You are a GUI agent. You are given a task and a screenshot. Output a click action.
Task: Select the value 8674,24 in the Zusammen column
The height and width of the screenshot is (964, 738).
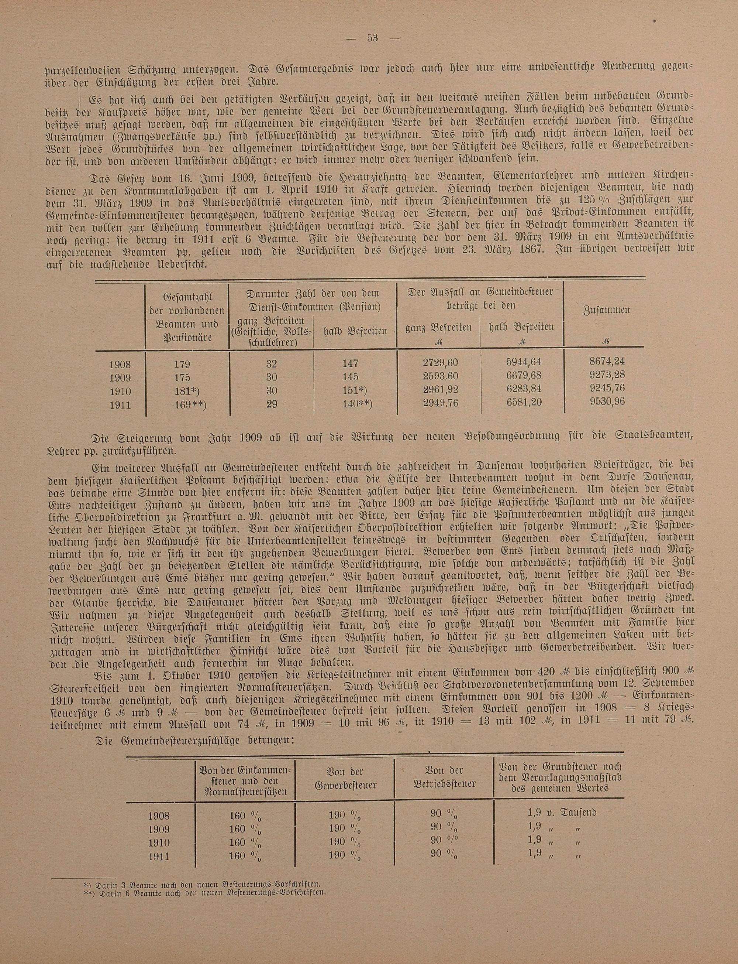click(x=607, y=361)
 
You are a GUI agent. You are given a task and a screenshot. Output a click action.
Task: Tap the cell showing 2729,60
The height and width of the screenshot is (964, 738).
click(x=440, y=363)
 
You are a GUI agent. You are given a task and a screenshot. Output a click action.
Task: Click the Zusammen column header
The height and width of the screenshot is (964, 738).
click(x=606, y=310)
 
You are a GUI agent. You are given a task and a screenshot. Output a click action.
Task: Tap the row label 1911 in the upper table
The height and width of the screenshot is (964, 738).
click(x=120, y=404)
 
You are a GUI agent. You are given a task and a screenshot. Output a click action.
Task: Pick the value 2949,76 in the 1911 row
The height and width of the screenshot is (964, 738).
click(x=440, y=402)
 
